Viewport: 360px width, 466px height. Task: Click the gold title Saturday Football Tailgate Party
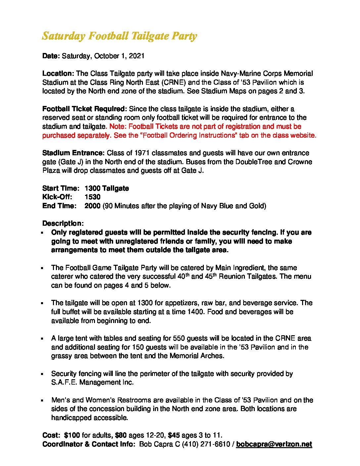point(119,36)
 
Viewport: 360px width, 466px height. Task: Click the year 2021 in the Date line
point(137,56)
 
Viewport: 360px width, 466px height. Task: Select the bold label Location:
point(58,73)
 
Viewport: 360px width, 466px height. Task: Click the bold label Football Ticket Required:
point(84,109)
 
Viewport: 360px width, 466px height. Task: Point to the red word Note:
point(117,126)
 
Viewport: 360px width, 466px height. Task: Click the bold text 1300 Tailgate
point(107,188)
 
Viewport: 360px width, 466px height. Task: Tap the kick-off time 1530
point(92,197)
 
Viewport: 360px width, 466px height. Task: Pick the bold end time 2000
point(92,206)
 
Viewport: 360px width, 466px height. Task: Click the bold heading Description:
point(63,223)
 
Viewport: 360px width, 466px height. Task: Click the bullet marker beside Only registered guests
point(43,233)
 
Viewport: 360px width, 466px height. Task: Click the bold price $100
point(72,435)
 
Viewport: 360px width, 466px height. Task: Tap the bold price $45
point(175,435)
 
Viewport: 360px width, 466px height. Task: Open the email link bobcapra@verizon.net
point(274,444)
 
